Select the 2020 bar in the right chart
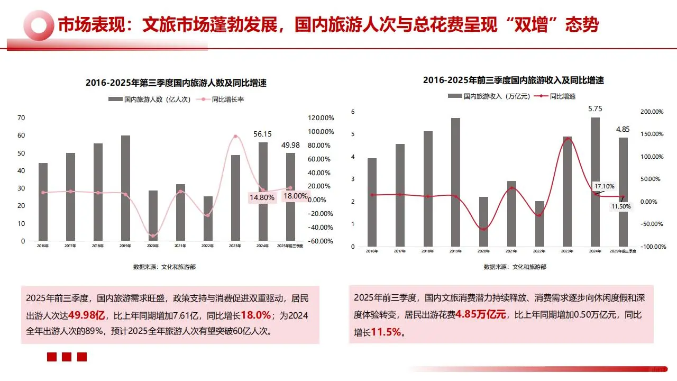(483, 221)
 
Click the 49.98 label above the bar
(290, 145)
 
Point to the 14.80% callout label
(261, 197)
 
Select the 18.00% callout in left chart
(295, 196)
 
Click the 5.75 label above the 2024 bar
(595, 108)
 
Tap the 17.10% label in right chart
(604, 186)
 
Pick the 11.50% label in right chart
(620, 206)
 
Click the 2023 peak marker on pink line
(235, 137)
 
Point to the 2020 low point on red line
(483, 229)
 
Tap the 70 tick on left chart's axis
(21, 117)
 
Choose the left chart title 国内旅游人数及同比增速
(176, 83)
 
